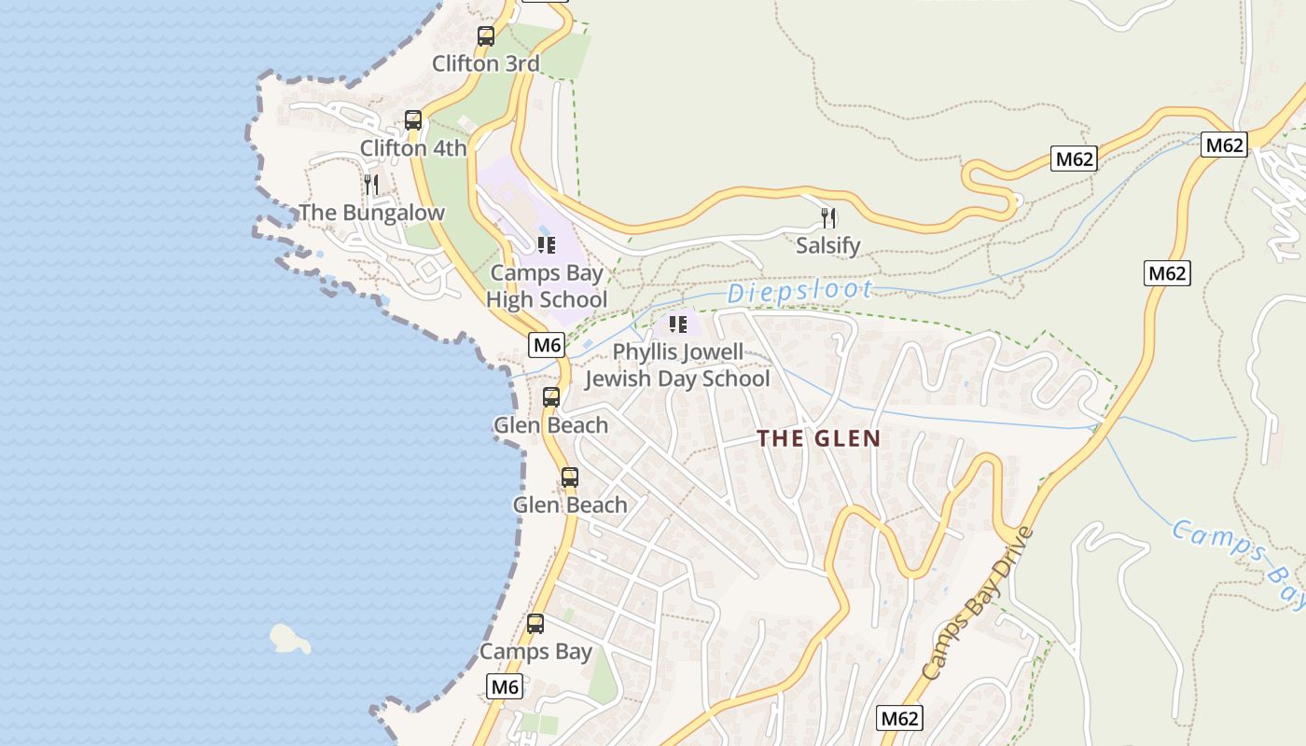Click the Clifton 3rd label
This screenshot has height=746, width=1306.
pyautogui.click(x=486, y=64)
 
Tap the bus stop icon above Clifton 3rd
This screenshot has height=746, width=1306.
pyautogui.click(x=486, y=36)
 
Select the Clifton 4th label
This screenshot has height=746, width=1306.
pyautogui.click(x=413, y=148)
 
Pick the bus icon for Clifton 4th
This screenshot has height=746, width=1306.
pyautogui.click(x=413, y=120)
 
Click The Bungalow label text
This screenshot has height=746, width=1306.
pyautogui.click(x=371, y=213)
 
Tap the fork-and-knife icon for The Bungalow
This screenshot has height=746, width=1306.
pyautogui.click(x=371, y=184)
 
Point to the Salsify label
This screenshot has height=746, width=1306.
pyautogui.click(x=827, y=246)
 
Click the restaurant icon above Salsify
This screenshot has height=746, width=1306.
pyautogui.click(x=828, y=218)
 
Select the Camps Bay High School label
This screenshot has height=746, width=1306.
pyautogui.click(x=547, y=286)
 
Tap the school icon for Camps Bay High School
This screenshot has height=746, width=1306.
pyautogui.click(x=547, y=245)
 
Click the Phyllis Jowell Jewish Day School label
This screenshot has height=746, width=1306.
pyautogui.click(x=677, y=366)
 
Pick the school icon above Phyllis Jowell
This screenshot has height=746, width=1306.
pyautogui.click(x=678, y=325)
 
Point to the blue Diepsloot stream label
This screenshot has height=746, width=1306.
pyautogui.click(x=799, y=291)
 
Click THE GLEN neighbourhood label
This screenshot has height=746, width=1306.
pyautogui.click(x=818, y=438)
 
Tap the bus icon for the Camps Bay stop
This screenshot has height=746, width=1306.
pyautogui.click(x=535, y=624)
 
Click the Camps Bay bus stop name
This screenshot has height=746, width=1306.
pyautogui.click(x=535, y=652)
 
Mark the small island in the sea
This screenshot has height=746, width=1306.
pyautogui.click(x=289, y=638)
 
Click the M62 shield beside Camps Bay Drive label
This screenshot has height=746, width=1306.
pyautogui.click(x=900, y=718)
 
